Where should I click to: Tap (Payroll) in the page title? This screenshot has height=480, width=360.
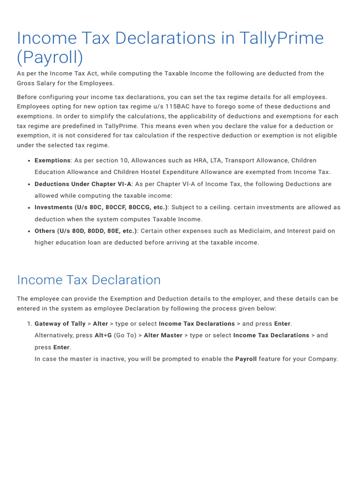[x=50, y=57]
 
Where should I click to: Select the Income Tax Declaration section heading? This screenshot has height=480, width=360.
[x=89, y=280]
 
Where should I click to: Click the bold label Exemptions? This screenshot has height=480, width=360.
[x=52, y=160]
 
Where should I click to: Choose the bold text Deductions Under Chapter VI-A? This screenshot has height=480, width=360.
[x=83, y=184]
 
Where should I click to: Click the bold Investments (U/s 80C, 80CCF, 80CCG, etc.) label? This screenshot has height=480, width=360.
[x=101, y=207]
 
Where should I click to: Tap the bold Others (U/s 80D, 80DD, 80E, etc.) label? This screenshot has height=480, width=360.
[x=86, y=231]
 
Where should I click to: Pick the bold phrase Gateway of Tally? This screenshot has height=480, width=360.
[x=60, y=323]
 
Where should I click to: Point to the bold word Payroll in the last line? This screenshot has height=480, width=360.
[x=246, y=359]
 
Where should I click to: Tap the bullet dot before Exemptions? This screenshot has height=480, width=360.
[x=29, y=161]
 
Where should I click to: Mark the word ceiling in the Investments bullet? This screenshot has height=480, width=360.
[x=216, y=207]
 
